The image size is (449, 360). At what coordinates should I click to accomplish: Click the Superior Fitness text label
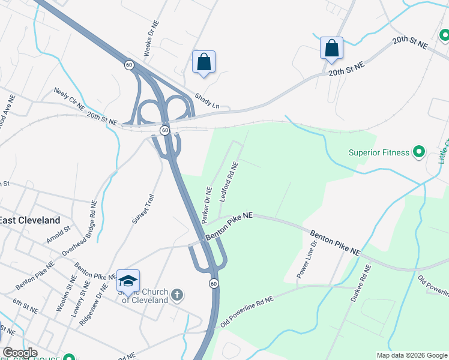tap(379, 152)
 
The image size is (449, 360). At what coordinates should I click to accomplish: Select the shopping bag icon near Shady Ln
tap(203, 61)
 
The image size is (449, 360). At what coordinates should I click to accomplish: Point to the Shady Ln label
tap(206, 100)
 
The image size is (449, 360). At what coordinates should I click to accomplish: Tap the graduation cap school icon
tap(128, 280)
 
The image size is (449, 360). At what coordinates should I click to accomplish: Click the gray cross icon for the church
tap(176, 295)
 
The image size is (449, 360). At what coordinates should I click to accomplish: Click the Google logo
tap(20, 353)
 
